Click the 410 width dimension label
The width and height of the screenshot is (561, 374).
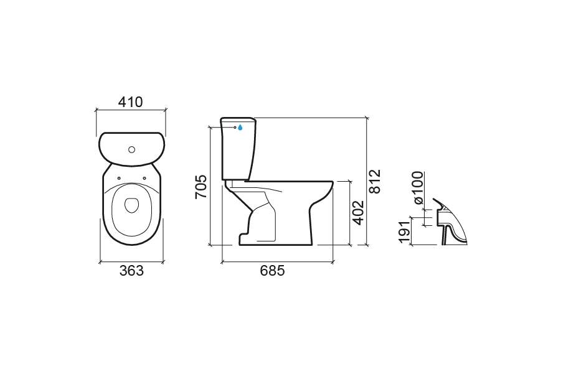click(x=131, y=102)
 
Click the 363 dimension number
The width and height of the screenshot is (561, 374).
click(x=131, y=271)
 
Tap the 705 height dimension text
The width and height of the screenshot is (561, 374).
click(x=200, y=187)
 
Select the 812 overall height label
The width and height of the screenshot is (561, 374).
click(x=375, y=181)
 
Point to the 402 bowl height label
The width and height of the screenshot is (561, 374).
click(x=358, y=213)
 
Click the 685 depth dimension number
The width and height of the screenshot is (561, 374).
click(x=272, y=271)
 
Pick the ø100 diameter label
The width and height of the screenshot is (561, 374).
click(x=418, y=187)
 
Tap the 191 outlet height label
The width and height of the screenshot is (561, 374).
click(x=404, y=232)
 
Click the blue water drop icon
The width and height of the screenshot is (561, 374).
click(x=240, y=127)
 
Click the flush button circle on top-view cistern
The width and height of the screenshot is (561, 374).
click(x=131, y=150)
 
